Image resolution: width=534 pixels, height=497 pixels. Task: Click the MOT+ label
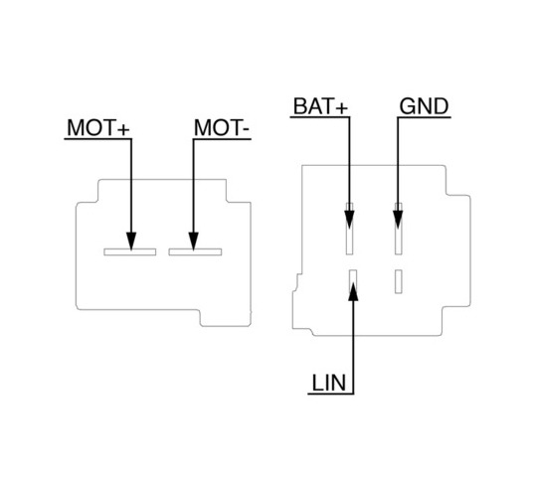98,127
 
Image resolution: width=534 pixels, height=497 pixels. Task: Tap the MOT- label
222,127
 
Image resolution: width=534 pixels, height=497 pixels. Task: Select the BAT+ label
320,106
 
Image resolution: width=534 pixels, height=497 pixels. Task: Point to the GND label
424,106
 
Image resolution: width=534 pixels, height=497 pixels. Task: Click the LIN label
329,383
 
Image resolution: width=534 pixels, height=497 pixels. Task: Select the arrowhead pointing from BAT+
349,220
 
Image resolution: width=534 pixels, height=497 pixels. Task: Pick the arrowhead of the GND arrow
398,220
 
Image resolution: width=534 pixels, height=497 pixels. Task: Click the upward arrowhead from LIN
353,291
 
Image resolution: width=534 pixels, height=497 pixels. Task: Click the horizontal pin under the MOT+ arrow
130,251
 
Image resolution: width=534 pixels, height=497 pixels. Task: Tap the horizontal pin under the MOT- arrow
195,251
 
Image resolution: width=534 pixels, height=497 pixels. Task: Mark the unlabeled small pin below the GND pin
399,281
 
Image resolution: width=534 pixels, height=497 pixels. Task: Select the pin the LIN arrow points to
353,281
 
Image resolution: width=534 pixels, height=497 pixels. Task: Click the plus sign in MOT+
123,129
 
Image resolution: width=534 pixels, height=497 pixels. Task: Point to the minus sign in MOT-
247,130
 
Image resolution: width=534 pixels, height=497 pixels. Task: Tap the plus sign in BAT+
342,108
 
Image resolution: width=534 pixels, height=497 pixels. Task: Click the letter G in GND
408,106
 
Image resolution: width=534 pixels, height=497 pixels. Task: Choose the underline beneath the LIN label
331,394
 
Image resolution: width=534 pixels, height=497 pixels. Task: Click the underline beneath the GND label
424,117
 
